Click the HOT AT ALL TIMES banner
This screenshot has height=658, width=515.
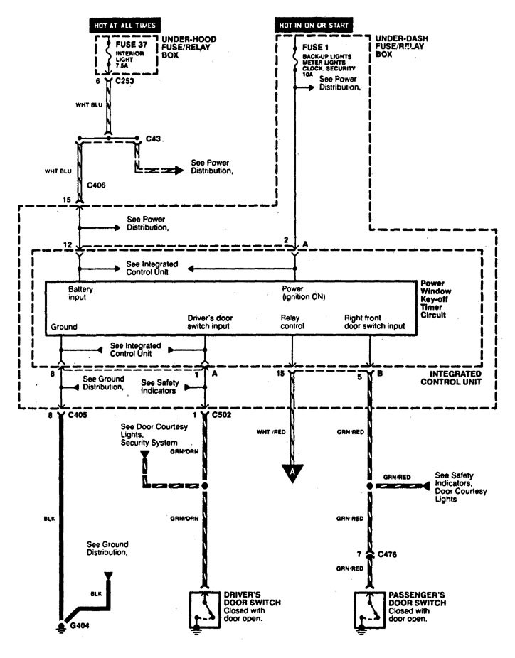(126, 26)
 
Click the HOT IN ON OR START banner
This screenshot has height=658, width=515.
(314, 26)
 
